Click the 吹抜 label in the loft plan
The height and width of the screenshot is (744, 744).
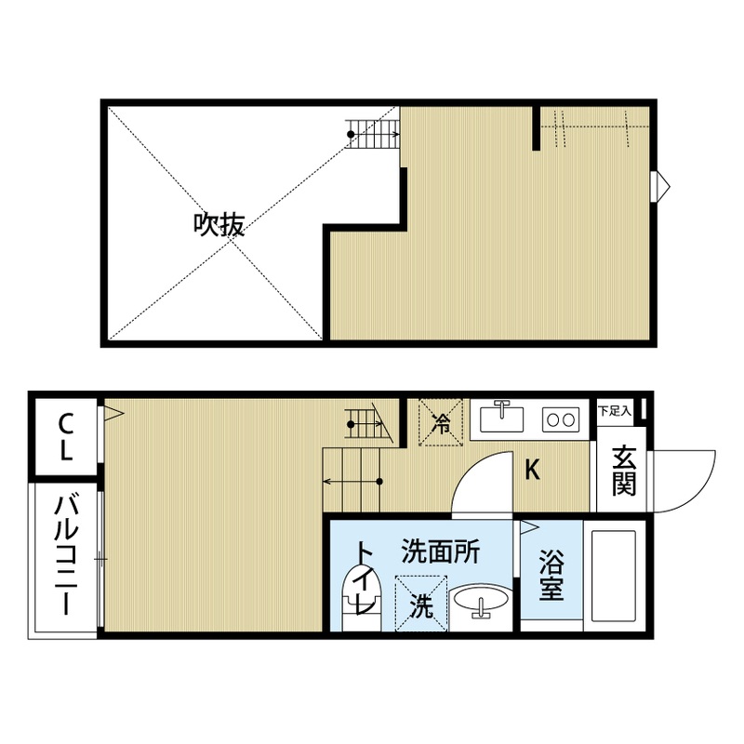tap(219, 224)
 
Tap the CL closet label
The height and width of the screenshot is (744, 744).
tap(66, 436)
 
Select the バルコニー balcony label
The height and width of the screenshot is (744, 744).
tap(65, 556)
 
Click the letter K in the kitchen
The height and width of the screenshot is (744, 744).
tap(532, 470)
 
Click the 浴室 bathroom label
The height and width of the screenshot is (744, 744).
tap(552, 576)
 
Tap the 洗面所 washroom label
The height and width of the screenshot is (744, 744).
tap(440, 552)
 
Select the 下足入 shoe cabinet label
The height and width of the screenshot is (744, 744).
tap(614, 409)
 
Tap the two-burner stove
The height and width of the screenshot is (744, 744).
tap(560, 418)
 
